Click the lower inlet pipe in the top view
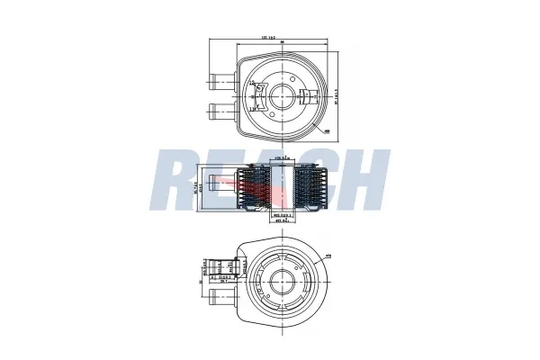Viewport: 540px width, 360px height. [x=219, y=112]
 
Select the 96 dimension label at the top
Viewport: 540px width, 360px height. [x=282, y=44]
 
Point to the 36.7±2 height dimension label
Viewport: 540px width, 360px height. [x=203, y=185]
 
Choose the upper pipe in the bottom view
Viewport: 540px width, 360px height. [x=220, y=268]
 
